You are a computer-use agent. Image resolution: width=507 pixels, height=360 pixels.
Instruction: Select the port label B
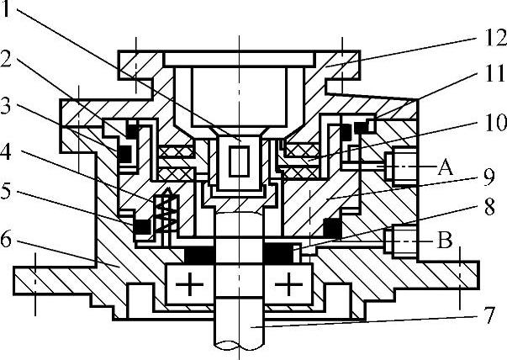pos(446,241)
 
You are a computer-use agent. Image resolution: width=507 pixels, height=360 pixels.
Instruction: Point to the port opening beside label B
pos(396,241)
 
